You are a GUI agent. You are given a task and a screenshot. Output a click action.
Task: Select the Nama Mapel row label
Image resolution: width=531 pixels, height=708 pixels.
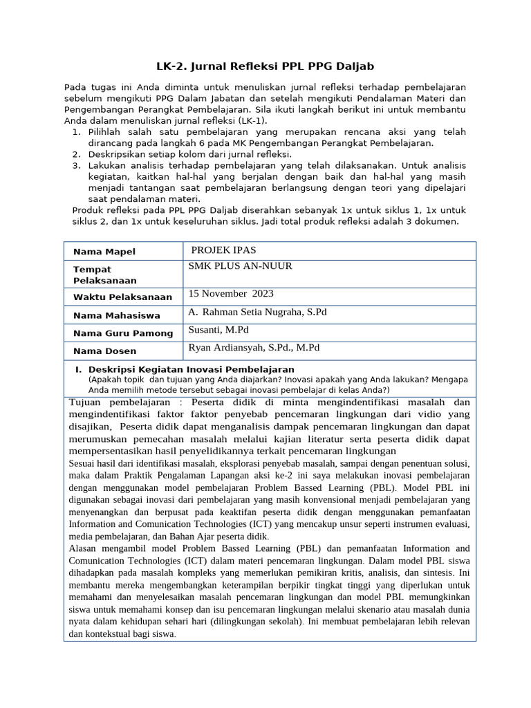click(104, 252)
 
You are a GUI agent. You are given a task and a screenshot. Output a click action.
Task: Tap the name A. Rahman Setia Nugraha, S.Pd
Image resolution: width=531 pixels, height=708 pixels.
click(257, 312)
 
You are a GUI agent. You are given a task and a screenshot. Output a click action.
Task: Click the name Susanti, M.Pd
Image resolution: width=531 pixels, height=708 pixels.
click(218, 330)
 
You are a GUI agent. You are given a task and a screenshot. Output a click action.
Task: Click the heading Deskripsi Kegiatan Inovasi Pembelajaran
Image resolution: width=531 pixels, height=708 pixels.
click(192, 369)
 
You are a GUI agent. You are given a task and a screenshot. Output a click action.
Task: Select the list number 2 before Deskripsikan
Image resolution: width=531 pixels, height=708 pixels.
click(76, 154)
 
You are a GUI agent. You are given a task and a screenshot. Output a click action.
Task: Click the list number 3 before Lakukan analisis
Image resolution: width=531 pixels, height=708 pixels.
click(76, 166)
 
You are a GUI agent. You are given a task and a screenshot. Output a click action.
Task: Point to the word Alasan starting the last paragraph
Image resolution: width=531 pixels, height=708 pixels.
click(85, 548)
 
